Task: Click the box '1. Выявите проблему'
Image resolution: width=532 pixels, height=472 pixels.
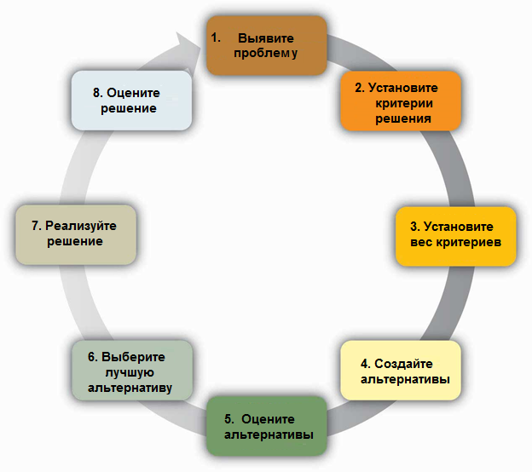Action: pyautogui.click(x=266, y=45)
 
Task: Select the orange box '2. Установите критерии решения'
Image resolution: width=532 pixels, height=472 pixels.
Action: pyautogui.click(x=401, y=101)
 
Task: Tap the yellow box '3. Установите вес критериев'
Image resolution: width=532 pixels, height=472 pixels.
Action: pyautogui.click(x=455, y=235)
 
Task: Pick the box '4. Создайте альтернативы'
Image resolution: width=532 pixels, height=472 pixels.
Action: pyautogui.click(x=400, y=371)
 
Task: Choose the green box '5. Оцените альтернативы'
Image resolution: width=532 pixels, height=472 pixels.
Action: pyautogui.click(x=267, y=426)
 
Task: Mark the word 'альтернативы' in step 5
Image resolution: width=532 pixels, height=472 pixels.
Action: pyautogui.click(x=267, y=434)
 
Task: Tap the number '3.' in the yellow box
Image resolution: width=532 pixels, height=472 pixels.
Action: pyautogui.click(x=413, y=227)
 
